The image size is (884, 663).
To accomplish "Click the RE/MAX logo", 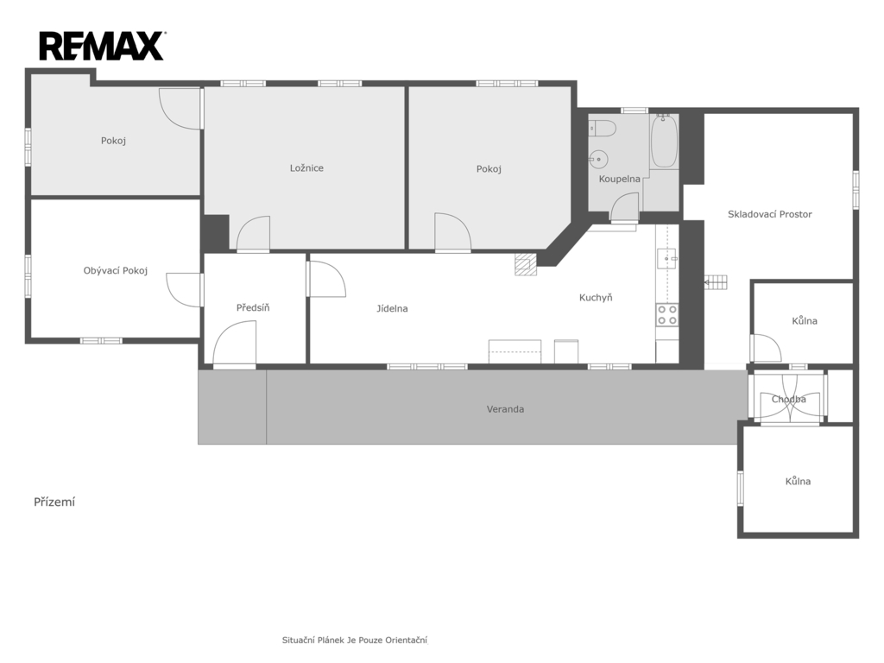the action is pos(102,47).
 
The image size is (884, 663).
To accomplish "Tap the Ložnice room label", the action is pos(306,168).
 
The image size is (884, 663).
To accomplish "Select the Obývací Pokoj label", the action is pos(116,270).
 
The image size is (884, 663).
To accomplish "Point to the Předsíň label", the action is pos(253,307).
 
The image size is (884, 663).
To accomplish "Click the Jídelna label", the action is pos(393,308).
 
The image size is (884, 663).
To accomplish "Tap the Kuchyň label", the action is pos(596,297).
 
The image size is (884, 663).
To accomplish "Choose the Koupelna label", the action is pos(620,179).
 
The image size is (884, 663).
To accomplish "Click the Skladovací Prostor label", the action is pos(769,214).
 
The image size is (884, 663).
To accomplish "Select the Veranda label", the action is pos(505,409).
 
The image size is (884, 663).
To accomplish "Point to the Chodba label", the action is pos(789,399).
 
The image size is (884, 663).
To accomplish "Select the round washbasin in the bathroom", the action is pos(599,160).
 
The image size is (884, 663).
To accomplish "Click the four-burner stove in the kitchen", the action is pos(667,315).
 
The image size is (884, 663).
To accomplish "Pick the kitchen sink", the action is pos(667,258).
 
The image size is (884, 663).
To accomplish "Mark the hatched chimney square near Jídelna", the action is pos(526,264).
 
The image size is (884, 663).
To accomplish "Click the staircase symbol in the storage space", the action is pos(717,282).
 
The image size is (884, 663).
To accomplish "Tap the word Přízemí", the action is pos(54,502).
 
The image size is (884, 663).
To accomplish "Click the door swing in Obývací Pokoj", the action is pos(185,290).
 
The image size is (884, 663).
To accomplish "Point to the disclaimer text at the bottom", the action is pos(355,640).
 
